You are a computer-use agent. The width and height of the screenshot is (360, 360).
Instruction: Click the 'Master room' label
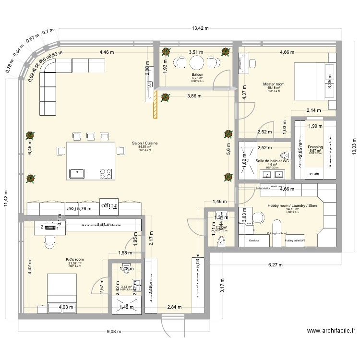274,84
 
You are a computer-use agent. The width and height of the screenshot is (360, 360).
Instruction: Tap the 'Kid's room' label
74,259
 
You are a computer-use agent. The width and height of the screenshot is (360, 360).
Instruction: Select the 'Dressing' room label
315,147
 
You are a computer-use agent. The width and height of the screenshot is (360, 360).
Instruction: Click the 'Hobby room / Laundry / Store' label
292,205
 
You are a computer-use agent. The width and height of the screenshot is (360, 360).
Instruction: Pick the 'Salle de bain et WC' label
272,161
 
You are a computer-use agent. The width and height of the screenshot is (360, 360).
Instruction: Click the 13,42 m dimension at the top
200,28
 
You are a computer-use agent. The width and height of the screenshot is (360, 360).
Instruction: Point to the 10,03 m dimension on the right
354,144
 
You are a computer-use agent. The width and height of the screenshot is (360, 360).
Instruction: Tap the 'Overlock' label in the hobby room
254,240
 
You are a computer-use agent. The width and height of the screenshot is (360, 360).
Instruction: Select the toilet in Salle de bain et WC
287,155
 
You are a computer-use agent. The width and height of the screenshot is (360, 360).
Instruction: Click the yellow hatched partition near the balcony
155,104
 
